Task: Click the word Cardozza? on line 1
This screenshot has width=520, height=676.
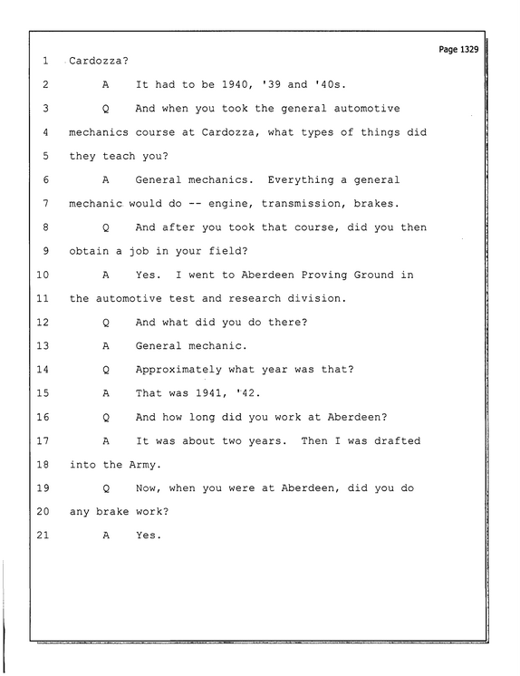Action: click(x=99, y=61)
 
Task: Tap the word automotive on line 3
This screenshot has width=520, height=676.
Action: click(x=367, y=108)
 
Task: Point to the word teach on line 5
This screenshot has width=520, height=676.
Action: click(x=119, y=156)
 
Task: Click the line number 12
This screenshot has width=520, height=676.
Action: click(x=43, y=322)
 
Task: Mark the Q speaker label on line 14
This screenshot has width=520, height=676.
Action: click(x=106, y=370)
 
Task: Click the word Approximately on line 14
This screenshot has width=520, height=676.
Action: click(x=178, y=370)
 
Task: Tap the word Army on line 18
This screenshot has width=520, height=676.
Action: click(x=145, y=465)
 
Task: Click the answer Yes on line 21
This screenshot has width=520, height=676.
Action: click(x=149, y=536)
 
